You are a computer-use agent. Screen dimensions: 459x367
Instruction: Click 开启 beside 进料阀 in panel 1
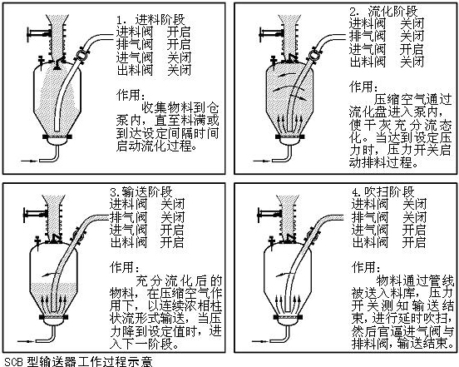[179, 32]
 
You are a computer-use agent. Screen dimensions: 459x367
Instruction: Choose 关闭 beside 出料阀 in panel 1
[179, 70]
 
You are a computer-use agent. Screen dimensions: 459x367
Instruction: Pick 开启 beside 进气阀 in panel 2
[412, 49]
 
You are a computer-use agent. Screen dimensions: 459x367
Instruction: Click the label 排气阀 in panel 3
[129, 217]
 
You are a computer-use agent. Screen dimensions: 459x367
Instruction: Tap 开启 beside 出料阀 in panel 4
[413, 242]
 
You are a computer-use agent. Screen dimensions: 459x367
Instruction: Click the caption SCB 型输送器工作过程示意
[78, 362]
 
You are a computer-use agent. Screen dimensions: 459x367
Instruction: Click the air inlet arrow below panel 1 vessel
[30, 161]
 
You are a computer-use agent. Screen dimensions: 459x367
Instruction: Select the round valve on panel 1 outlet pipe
[80, 55]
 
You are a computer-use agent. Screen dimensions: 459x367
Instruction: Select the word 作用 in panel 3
[121, 267]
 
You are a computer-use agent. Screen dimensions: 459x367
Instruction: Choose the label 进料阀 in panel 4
[370, 205]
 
